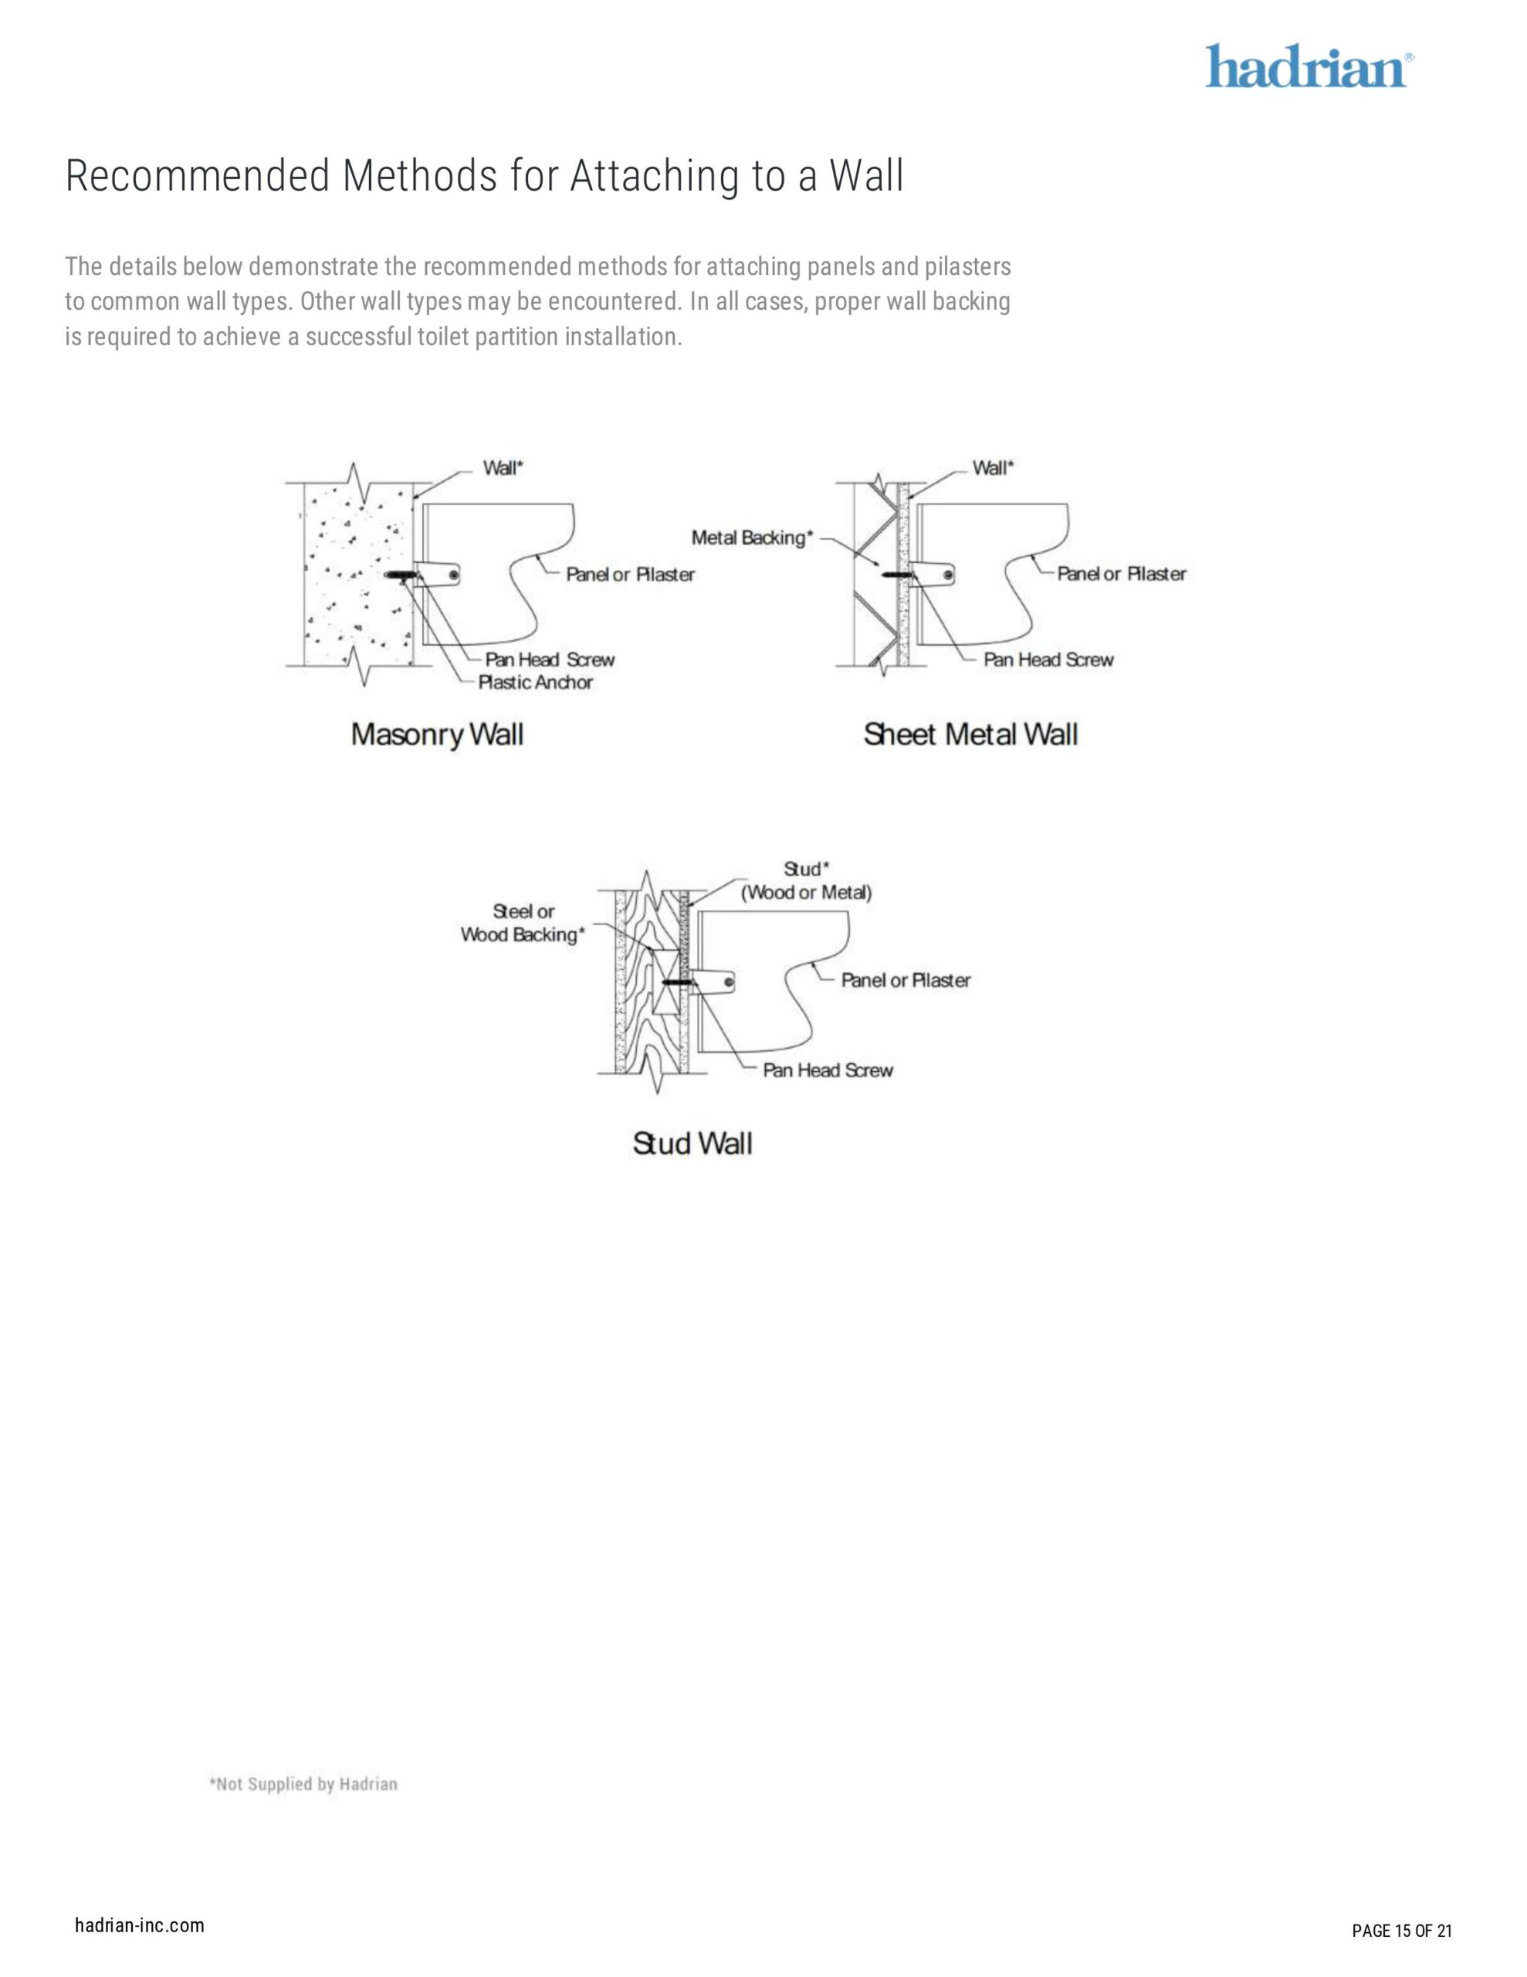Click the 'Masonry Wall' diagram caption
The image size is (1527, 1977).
(x=437, y=734)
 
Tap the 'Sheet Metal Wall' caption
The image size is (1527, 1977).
(x=970, y=734)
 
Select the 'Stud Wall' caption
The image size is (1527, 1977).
(x=692, y=1144)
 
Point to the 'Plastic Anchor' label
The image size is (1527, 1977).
(x=535, y=683)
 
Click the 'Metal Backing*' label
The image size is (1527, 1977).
(x=752, y=537)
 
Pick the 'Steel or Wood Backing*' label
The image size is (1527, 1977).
(x=523, y=924)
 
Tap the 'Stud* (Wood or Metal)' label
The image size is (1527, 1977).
(x=807, y=881)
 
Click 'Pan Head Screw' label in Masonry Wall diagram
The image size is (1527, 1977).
(x=550, y=660)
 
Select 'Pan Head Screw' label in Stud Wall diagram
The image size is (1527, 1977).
(x=828, y=1071)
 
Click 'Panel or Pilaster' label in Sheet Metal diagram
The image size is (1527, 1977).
(x=1122, y=574)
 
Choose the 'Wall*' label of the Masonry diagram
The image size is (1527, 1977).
(x=503, y=468)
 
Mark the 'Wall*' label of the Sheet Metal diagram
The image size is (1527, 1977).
(x=993, y=468)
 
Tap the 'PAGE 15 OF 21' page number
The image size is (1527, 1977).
(x=1401, y=1924)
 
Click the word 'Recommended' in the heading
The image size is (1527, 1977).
(x=198, y=177)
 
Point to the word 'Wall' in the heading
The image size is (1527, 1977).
(x=866, y=177)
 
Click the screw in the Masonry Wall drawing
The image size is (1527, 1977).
(x=400, y=575)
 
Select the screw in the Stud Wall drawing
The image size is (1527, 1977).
(x=677, y=982)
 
